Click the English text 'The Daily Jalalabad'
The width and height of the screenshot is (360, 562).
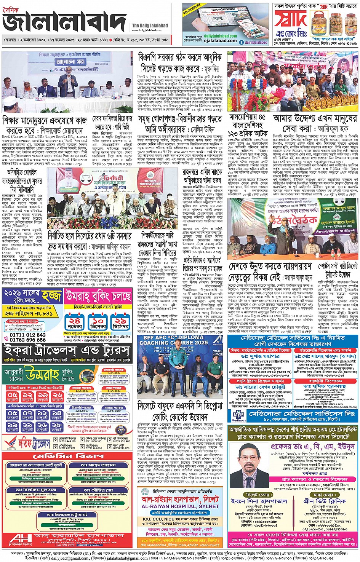pyautogui.click(x=150, y=26)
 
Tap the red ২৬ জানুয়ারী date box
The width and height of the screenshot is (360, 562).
pyautogui.click(x=57, y=397)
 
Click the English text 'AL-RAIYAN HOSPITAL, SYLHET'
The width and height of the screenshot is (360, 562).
pyautogui.click(x=180, y=506)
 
